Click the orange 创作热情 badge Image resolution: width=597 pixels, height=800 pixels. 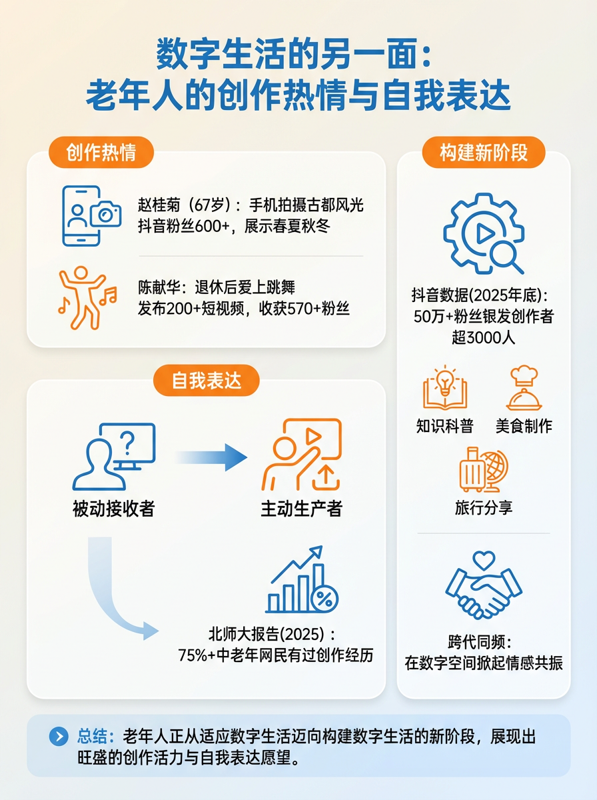coord(101,153)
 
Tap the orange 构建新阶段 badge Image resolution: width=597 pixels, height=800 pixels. coord(483,153)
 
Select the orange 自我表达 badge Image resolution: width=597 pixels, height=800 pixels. coord(206,381)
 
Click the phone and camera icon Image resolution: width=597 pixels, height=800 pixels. coord(91,216)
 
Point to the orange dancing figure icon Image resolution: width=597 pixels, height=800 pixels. coord(87,298)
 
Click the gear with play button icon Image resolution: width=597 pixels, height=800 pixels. coord(483,233)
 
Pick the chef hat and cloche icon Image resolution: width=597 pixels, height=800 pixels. coord(524,389)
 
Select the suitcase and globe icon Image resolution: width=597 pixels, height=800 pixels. coord(483,470)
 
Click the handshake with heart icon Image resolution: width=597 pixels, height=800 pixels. coord(484,586)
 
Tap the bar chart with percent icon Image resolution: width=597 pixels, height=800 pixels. coord(302,580)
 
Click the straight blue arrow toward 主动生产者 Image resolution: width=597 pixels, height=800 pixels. coord(211,457)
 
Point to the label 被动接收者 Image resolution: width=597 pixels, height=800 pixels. coord(114,509)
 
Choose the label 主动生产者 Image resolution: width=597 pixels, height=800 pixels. coord(302,509)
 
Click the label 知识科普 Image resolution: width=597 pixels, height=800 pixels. coord(444,426)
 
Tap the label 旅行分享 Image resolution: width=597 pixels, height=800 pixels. coord(484,508)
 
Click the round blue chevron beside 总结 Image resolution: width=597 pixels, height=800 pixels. coord(59,736)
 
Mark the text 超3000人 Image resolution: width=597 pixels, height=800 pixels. coord(484,337)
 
